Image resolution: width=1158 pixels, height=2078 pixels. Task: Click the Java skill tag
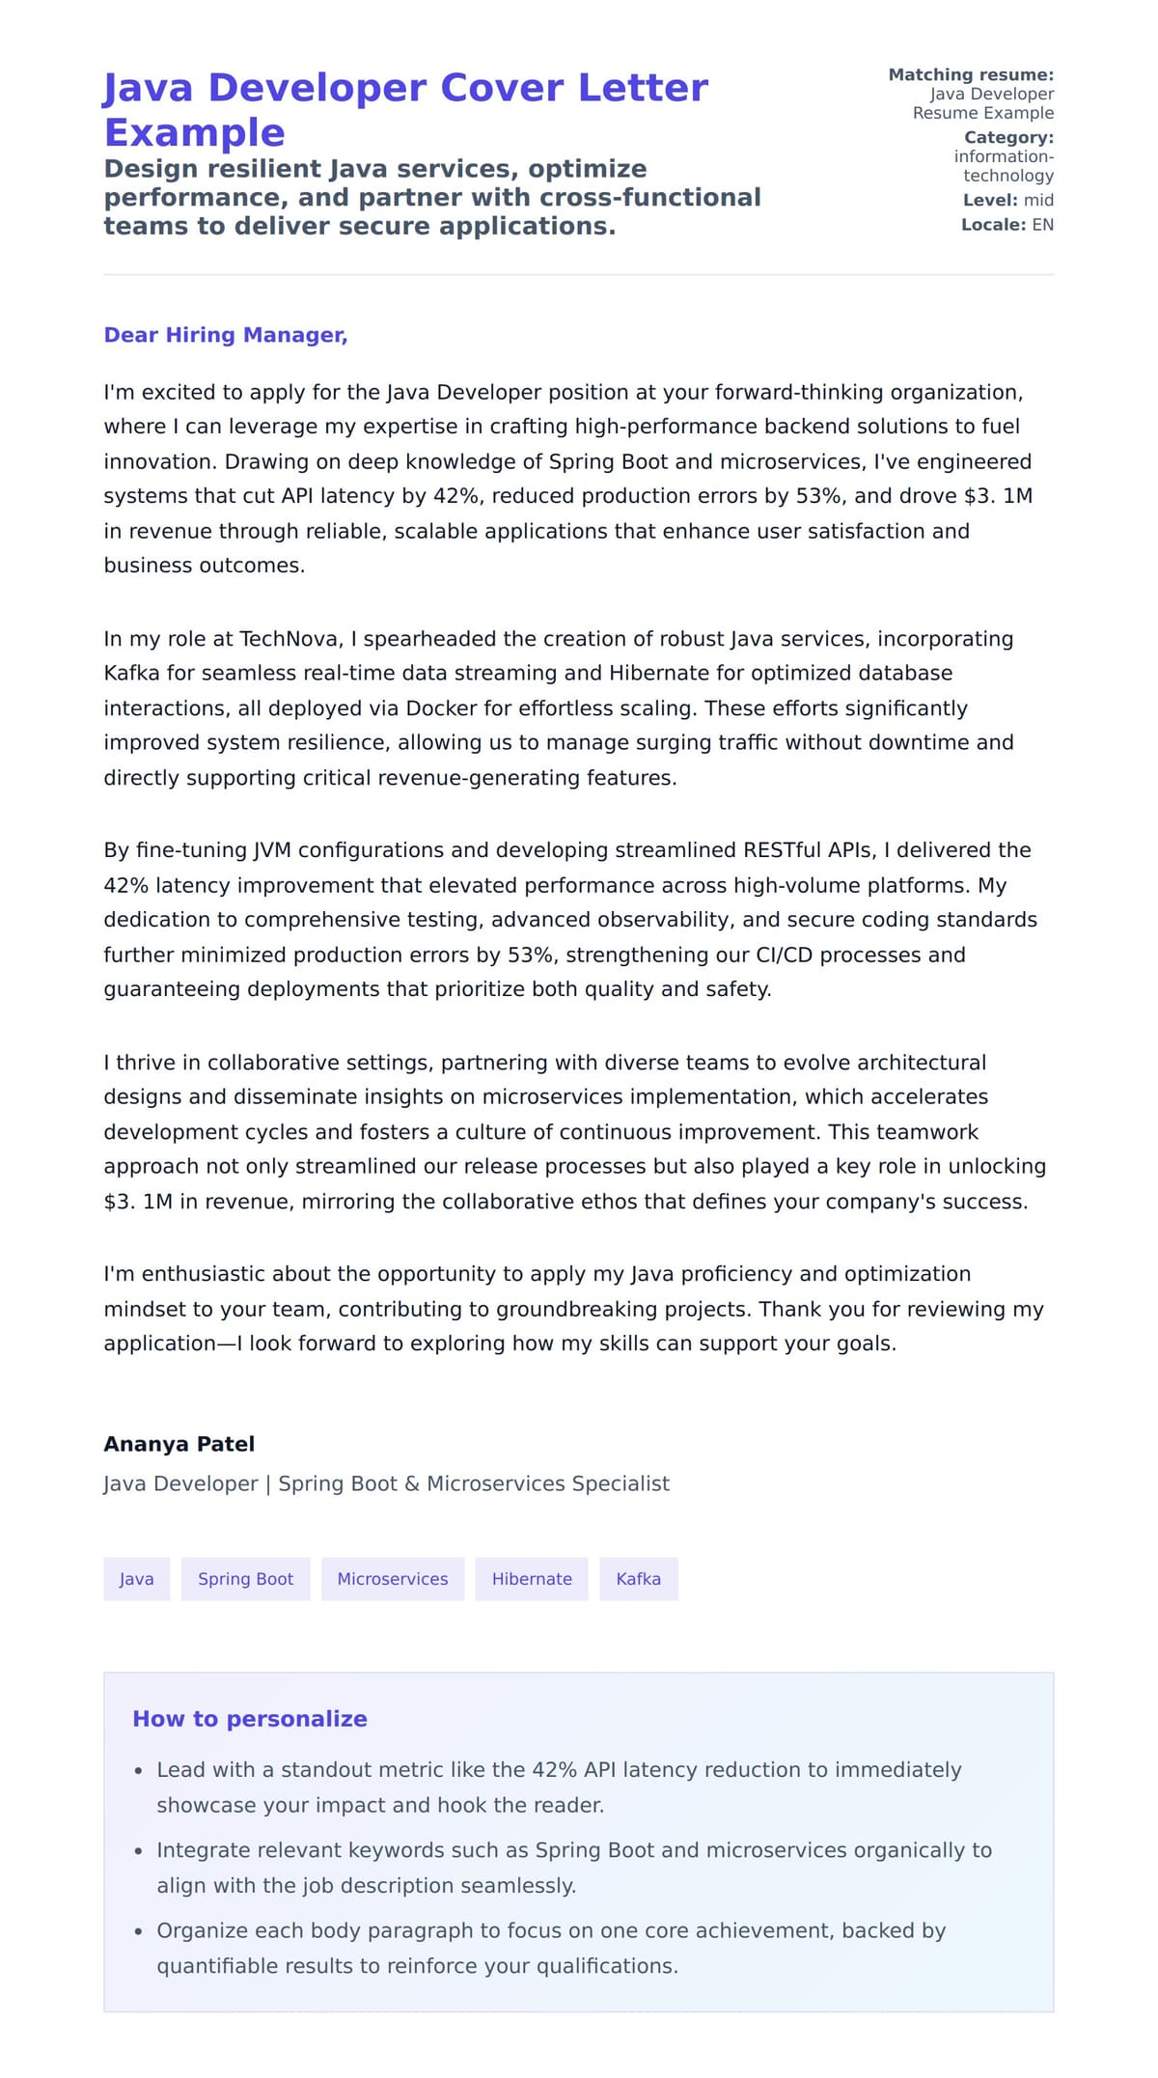point(136,1579)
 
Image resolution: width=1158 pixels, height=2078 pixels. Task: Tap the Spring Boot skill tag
point(245,1579)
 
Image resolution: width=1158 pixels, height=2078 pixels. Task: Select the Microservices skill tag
point(392,1579)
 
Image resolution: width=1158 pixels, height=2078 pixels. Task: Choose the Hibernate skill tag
point(532,1579)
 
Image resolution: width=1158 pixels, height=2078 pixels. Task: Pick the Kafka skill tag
point(638,1579)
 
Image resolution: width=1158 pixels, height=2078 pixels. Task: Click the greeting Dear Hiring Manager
point(226,335)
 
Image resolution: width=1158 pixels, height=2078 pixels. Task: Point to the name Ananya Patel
point(179,1444)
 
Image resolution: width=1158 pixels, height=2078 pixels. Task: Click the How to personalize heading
point(250,1719)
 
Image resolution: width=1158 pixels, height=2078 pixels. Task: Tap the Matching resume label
point(970,74)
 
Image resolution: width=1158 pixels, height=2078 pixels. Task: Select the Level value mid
point(1038,200)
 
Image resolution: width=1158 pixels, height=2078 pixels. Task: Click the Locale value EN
point(1042,225)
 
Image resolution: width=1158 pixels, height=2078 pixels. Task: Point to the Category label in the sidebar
point(1008,137)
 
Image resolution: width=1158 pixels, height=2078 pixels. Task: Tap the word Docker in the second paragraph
point(441,708)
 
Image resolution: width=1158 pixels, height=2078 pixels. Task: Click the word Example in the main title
point(194,132)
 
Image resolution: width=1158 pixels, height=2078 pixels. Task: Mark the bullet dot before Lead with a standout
point(139,1771)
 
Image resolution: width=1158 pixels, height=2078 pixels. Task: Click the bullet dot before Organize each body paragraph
point(139,1931)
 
